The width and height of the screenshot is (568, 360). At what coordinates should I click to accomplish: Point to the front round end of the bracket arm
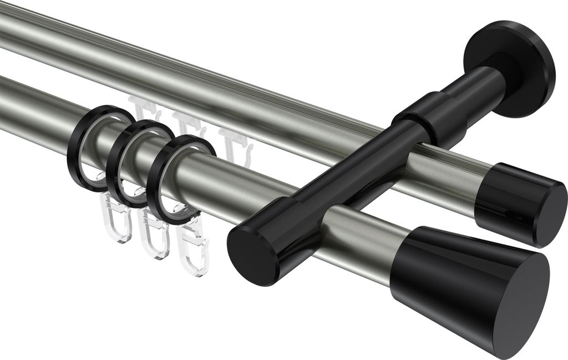(251, 255)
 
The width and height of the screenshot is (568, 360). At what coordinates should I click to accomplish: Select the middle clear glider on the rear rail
(186, 125)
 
